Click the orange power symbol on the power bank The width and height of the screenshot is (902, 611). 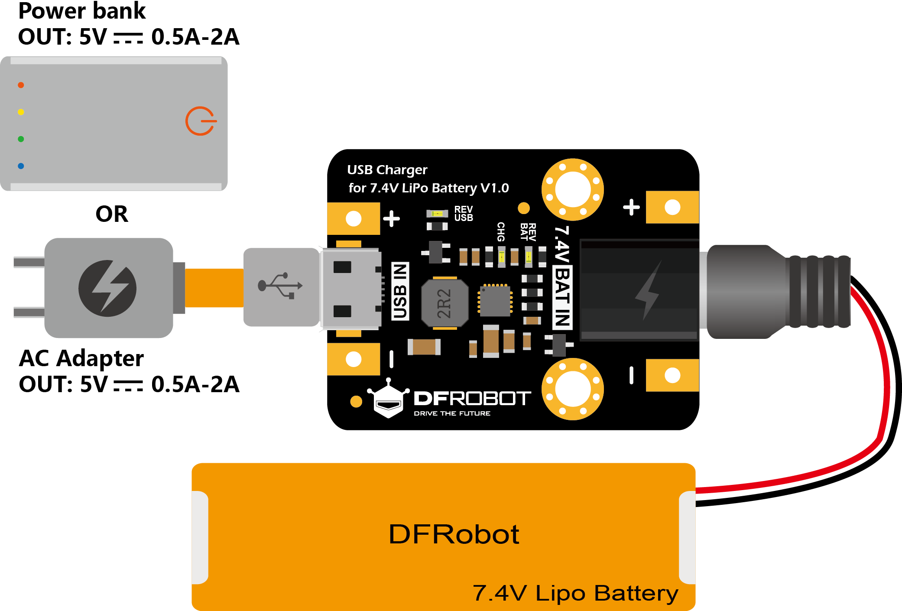[x=201, y=121]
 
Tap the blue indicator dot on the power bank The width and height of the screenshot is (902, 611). [x=21, y=166]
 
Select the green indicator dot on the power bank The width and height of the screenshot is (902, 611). [x=21, y=139]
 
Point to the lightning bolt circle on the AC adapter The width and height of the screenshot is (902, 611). [x=107, y=288]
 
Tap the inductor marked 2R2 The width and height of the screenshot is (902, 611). [x=445, y=303]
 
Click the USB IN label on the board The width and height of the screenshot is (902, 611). [x=400, y=291]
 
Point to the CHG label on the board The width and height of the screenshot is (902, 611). [x=501, y=232]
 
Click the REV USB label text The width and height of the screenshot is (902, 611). [x=464, y=214]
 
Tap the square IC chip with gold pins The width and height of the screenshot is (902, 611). [x=495, y=300]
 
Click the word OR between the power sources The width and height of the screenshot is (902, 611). [x=112, y=214]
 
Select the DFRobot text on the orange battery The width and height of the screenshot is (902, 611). [x=454, y=534]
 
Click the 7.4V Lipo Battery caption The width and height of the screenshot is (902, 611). [x=575, y=593]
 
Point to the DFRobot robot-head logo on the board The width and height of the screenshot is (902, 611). [x=388, y=399]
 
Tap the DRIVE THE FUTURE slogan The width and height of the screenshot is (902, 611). [x=452, y=413]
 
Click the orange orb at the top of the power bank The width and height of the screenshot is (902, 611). [x=21, y=85]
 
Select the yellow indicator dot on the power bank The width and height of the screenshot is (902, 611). [x=21, y=112]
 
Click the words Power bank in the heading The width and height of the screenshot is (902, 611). [x=82, y=11]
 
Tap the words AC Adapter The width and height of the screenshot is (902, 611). [x=81, y=358]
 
